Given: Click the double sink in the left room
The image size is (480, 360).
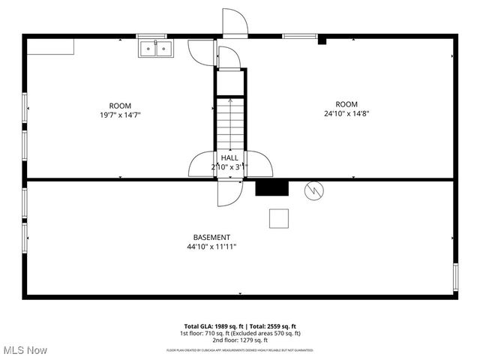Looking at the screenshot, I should (x=155, y=48).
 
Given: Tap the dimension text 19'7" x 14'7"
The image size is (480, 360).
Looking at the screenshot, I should (x=120, y=115).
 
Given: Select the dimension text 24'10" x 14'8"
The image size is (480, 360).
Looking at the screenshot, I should (x=346, y=114).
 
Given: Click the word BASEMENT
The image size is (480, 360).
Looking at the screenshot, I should (x=211, y=237).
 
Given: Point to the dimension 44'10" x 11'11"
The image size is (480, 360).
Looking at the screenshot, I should (x=211, y=247).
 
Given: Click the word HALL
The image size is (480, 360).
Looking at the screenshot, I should (x=229, y=157).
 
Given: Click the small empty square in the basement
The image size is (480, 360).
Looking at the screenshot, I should (x=280, y=217).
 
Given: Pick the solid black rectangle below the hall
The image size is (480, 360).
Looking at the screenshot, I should (x=271, y=187).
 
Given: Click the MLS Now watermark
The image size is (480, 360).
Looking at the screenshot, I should (x=25, y=350).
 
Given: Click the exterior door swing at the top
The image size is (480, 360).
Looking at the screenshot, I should (x=235, y=22).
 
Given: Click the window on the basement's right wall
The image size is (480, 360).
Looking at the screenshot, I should (x=455, y=276).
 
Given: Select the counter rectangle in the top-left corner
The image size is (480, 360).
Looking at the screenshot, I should (x=52, y=46).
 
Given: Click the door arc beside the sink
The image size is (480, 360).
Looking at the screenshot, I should (x=200, y=51).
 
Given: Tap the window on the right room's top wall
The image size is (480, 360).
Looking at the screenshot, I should (x=298, y=35).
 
